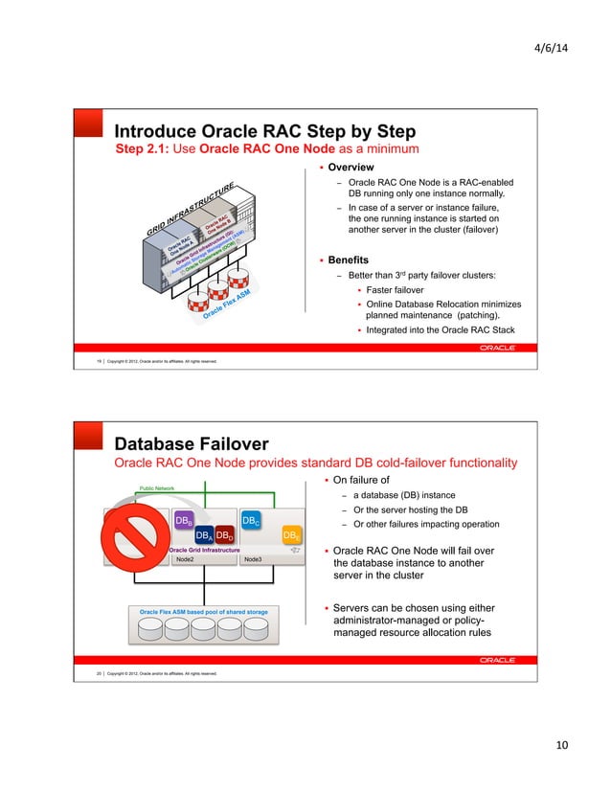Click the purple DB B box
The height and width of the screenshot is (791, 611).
click(184, 520)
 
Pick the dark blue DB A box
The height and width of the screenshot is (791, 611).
click(203, 535)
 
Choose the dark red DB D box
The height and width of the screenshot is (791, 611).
click(223, 535)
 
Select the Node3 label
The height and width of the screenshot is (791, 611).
click(253, 558)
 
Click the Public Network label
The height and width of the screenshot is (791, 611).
click(157, 487)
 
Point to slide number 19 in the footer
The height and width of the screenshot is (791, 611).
click(100, 361)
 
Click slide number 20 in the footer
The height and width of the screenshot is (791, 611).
click(100, 673)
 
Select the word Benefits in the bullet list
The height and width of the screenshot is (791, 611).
click(348, 260)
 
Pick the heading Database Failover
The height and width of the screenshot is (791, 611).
click(192, 443)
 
